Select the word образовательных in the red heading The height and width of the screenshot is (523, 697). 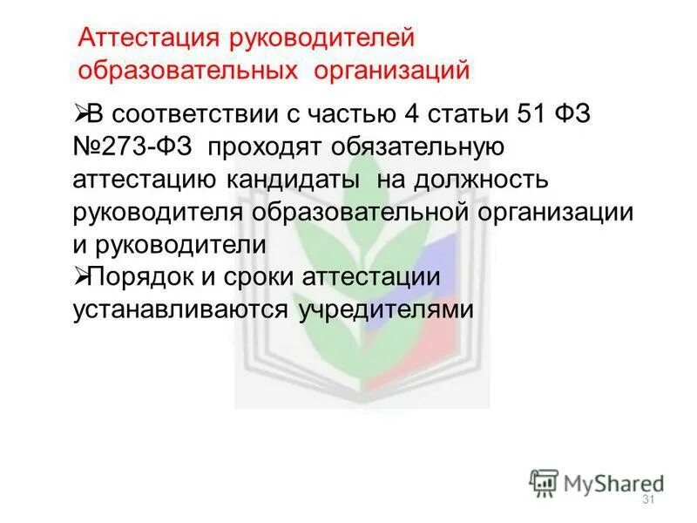click(186, 69)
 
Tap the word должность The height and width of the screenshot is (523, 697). click(491, 180)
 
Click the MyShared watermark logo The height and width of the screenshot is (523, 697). click(598, 481)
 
